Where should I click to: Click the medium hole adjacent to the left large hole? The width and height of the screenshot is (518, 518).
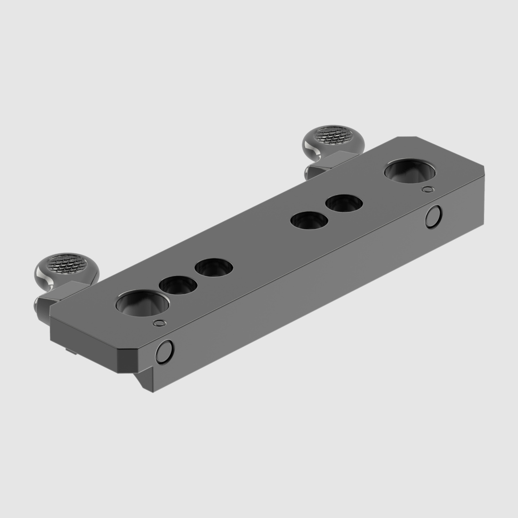pyautogui.click(x=178, y=285)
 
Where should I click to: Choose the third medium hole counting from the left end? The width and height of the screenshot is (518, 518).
pyautogui.click(x=309, y=220)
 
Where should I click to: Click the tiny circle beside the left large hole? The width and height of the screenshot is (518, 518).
pyautogui.click(x=160, y=323)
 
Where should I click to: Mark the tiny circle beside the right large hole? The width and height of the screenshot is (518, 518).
pyautogui.click(x=427, y=189)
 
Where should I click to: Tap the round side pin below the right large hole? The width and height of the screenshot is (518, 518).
pyautogui.click(x=432, y=217)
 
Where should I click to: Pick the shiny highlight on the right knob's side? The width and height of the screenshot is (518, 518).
pyautogui.click(x=310, y=149)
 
